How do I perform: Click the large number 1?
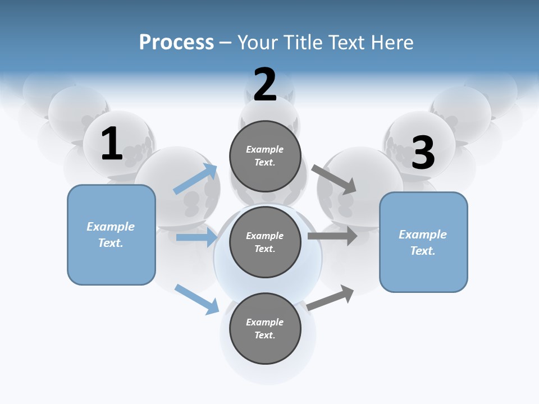coord(112,144)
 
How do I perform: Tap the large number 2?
coord(265,85)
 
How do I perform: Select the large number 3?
coord(423,153)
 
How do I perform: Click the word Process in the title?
coord(176,42)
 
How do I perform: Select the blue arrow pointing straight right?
coord(197,237)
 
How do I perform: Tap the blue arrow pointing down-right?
coord(197,299)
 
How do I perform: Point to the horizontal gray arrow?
coord(332,236)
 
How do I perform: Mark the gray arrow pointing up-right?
coord(331,297)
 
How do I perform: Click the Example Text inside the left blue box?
coord(111,235)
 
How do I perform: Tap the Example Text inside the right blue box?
coord(423,242)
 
